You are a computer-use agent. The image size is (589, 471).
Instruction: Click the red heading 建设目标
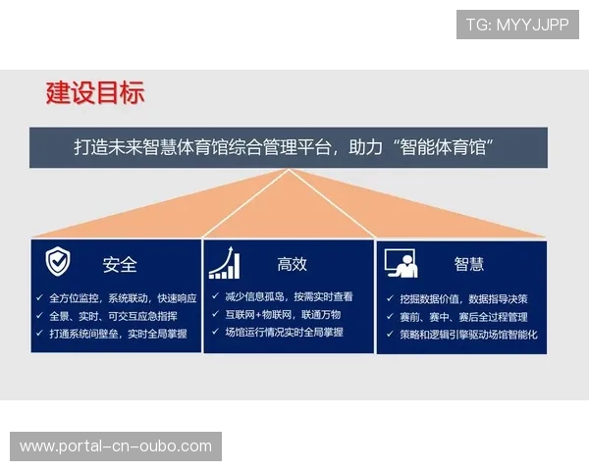click(x=95, y=93)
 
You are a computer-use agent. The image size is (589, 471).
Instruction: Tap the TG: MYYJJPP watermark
click(x=517, y=25)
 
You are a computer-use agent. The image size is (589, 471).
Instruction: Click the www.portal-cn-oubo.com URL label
click(x=116, y=446)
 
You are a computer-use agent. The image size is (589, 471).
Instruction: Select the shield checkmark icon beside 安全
click(x=58, y=262)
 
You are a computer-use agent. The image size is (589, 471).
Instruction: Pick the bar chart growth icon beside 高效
click(x=224, y=263)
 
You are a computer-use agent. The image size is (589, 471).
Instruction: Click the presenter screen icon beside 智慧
click(x=401, y=263)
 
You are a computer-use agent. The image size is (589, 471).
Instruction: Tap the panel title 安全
click(x=120, y=265)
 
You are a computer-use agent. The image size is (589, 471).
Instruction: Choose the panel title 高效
click(x=292, y=264)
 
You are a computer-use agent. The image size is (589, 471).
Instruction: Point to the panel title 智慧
click(x=468, y=264)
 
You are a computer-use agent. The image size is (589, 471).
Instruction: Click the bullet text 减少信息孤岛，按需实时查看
click(x=289, y=296)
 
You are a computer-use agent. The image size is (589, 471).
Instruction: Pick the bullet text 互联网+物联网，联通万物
click(x=283, y=314)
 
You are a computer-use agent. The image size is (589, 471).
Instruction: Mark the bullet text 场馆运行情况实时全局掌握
click(x=284, y=333)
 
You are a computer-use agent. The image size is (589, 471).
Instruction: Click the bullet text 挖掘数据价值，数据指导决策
click(x=463, y=298)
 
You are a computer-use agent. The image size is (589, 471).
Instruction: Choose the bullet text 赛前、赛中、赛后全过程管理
click(x=463, y=317)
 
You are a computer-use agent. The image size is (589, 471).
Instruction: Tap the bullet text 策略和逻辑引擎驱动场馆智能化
click(x=468, y=335)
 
